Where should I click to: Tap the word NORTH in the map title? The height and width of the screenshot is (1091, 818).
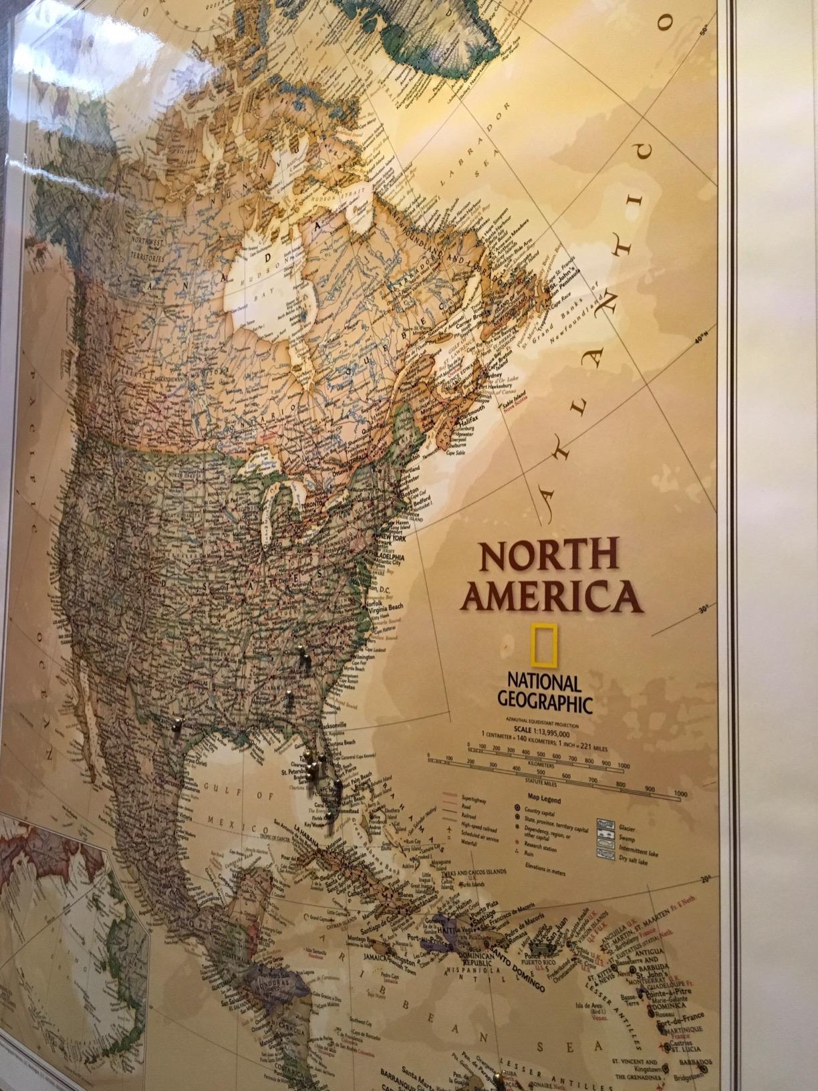(549, 556)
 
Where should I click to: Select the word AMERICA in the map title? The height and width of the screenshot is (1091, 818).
(553, 596)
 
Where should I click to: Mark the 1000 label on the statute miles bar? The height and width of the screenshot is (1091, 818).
(680, 794)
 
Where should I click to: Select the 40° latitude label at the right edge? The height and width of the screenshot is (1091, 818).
(700, 341)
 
